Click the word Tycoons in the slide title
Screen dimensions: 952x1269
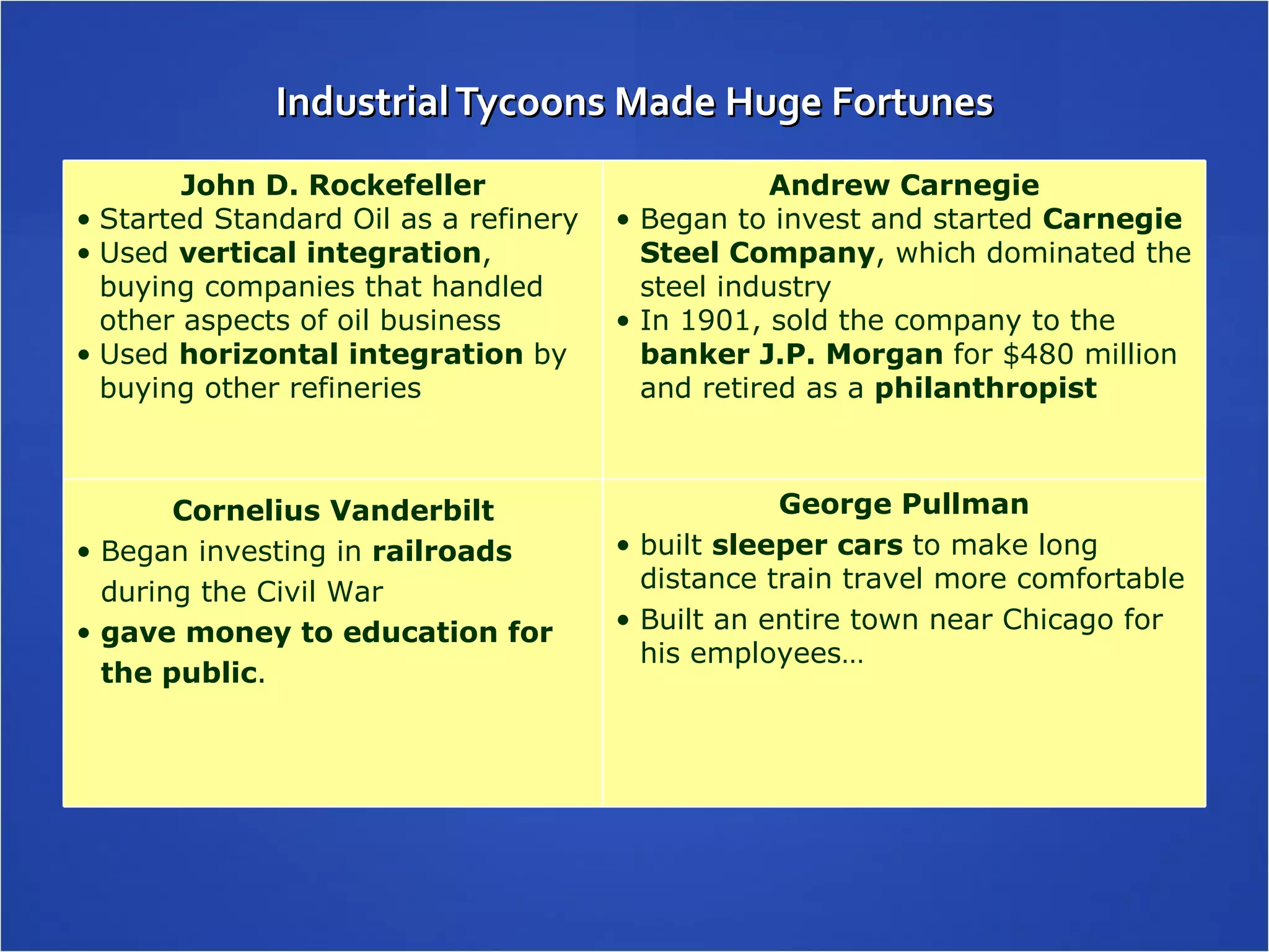click(x=530, y=102)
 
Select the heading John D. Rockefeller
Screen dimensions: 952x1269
click(x=333, y=185)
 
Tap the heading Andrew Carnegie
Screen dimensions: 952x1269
click(x=904, y=185)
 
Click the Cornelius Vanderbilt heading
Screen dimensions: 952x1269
click(x=333, y=511)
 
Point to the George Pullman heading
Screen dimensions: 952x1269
click(x=904, y=504)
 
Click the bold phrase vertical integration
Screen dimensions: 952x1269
click(x=330, y=253)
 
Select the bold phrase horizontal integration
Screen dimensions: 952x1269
click(x=351, y=355)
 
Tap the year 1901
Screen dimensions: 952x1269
click(x=716, y=320)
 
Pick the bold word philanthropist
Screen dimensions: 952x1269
click(x=985, y=389)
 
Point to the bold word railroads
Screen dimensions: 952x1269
click(x=442, y=552)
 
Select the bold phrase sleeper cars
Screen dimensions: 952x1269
click(x=807, y=545)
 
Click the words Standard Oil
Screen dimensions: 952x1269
click(x=302, y=219)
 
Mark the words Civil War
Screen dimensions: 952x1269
click(x=320, y=592)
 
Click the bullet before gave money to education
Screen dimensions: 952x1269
click(x=84, y=633)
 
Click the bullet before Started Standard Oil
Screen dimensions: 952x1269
click(x=84, y=220)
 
